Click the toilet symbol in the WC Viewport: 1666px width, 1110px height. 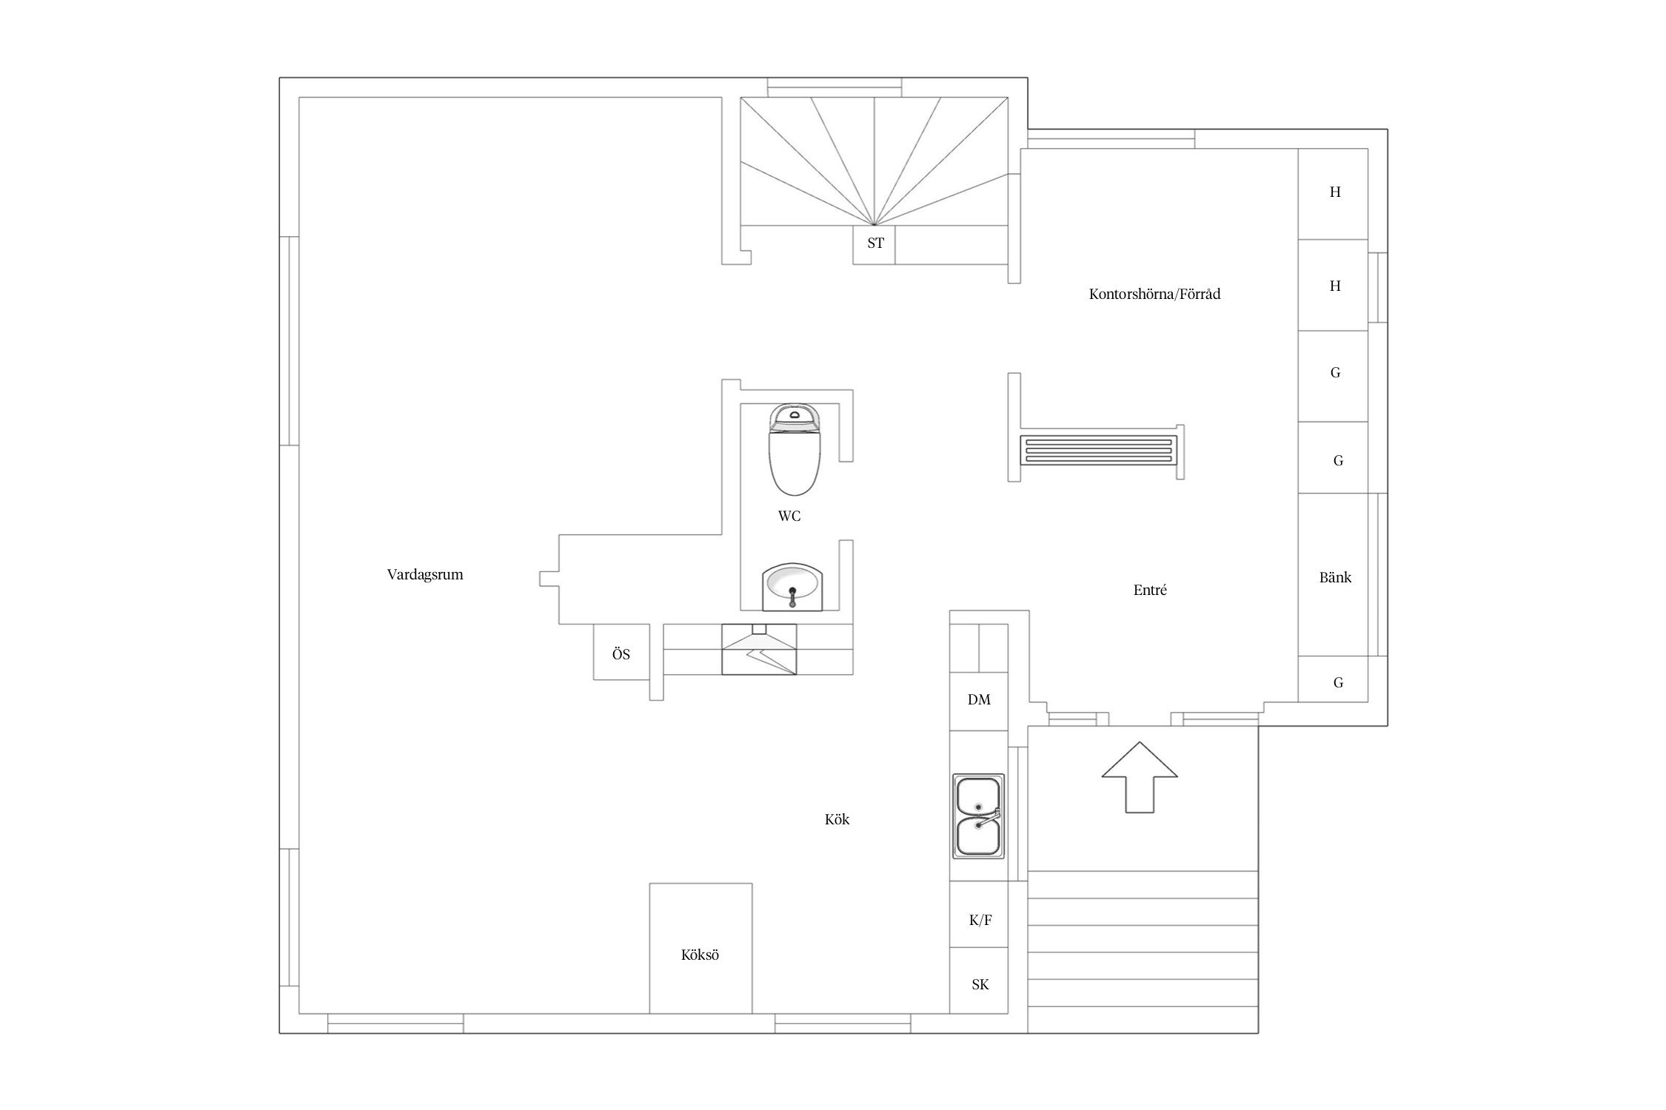click(x=794, y=449)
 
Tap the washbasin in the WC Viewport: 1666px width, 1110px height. click(x=792, y=587)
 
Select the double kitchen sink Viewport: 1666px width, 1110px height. click(x=978, y=816)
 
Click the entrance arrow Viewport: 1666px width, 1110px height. click(x=1139, y=777)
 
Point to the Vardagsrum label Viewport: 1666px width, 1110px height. click(x=425, y=574)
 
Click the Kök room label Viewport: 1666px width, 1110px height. click(x=837, y=819)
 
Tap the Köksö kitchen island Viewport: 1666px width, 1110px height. click(x=700, y=948)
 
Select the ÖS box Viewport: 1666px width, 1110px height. click(x=621, y=652)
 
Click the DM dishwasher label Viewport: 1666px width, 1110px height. click(x=979, y=699)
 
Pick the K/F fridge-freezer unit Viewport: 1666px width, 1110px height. click(x=979, y=914)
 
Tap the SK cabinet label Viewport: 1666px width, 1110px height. click(x=980, y=985)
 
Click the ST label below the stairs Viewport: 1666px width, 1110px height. click(x=875, y=243)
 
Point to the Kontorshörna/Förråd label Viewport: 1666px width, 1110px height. click(x=1154, y=294)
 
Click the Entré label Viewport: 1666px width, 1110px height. click(x=1150, y=590)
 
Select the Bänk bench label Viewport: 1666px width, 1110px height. click(x=1335, y=577)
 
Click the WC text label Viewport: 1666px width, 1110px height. click(x=789, y=517)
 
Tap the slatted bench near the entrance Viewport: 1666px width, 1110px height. click(x=1097, y=450)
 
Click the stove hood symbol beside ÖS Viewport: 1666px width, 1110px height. click(x=759, y=649)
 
